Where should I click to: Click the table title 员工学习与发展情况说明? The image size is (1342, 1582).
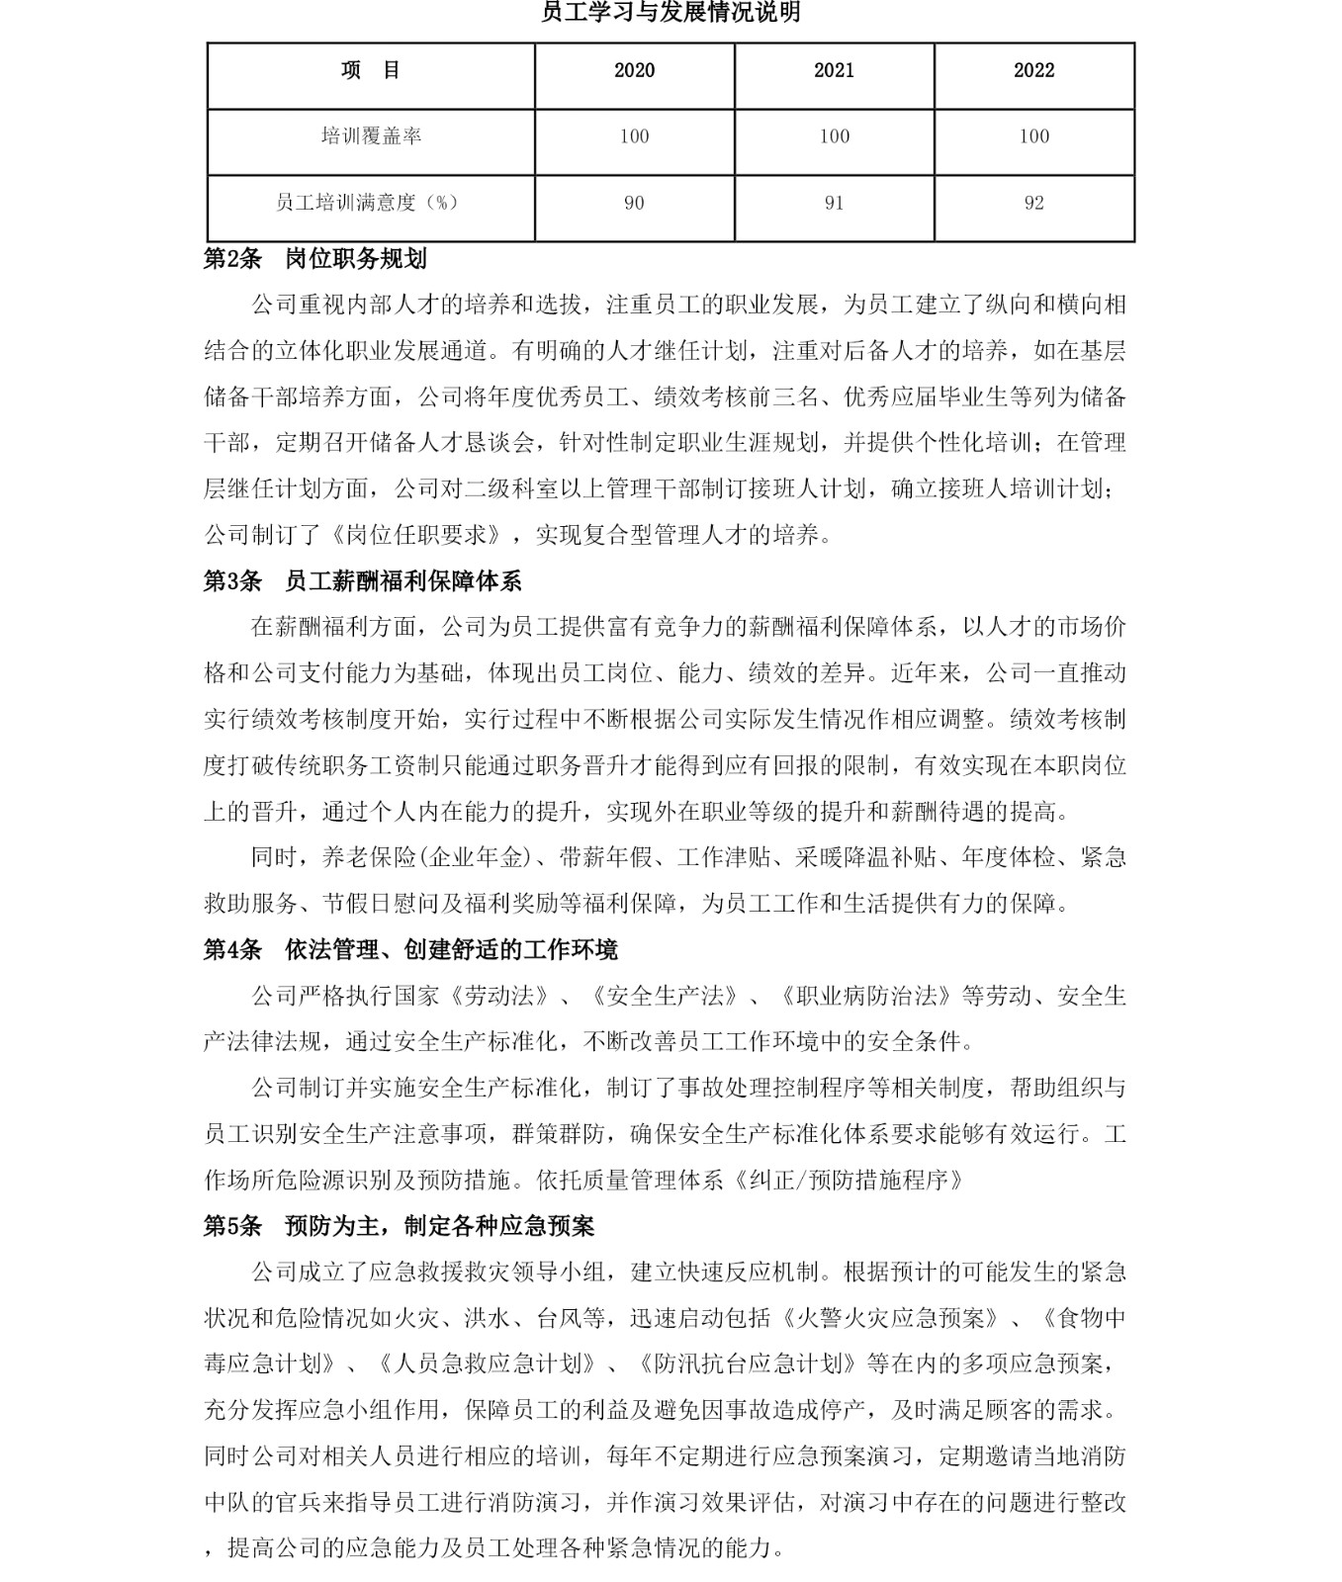pos(671,13)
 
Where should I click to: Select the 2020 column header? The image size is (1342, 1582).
pos(634,70)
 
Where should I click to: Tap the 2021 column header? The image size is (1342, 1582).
pos(834,70)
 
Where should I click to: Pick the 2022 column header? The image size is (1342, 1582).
pos(1033,70)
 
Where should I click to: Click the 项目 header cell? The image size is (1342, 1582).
pos(371,70)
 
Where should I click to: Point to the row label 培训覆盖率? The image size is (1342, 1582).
pos(371,136)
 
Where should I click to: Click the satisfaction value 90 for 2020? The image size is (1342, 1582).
pos(634,203)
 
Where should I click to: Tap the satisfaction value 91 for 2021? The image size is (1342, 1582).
pos(834,203)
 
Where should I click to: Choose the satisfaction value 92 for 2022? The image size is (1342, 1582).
pos(1033,203)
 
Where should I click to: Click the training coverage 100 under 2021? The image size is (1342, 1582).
pos(834,136)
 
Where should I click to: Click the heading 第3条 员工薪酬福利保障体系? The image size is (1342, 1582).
pos(362,581)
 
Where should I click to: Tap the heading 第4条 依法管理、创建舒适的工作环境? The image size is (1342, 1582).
pos(410,950)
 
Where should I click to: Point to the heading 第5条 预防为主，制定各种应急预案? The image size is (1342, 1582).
pos(399,1227)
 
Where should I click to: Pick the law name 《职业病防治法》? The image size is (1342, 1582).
pos(866,996)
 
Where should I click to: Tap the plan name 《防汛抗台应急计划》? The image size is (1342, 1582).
pos(747,1364)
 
